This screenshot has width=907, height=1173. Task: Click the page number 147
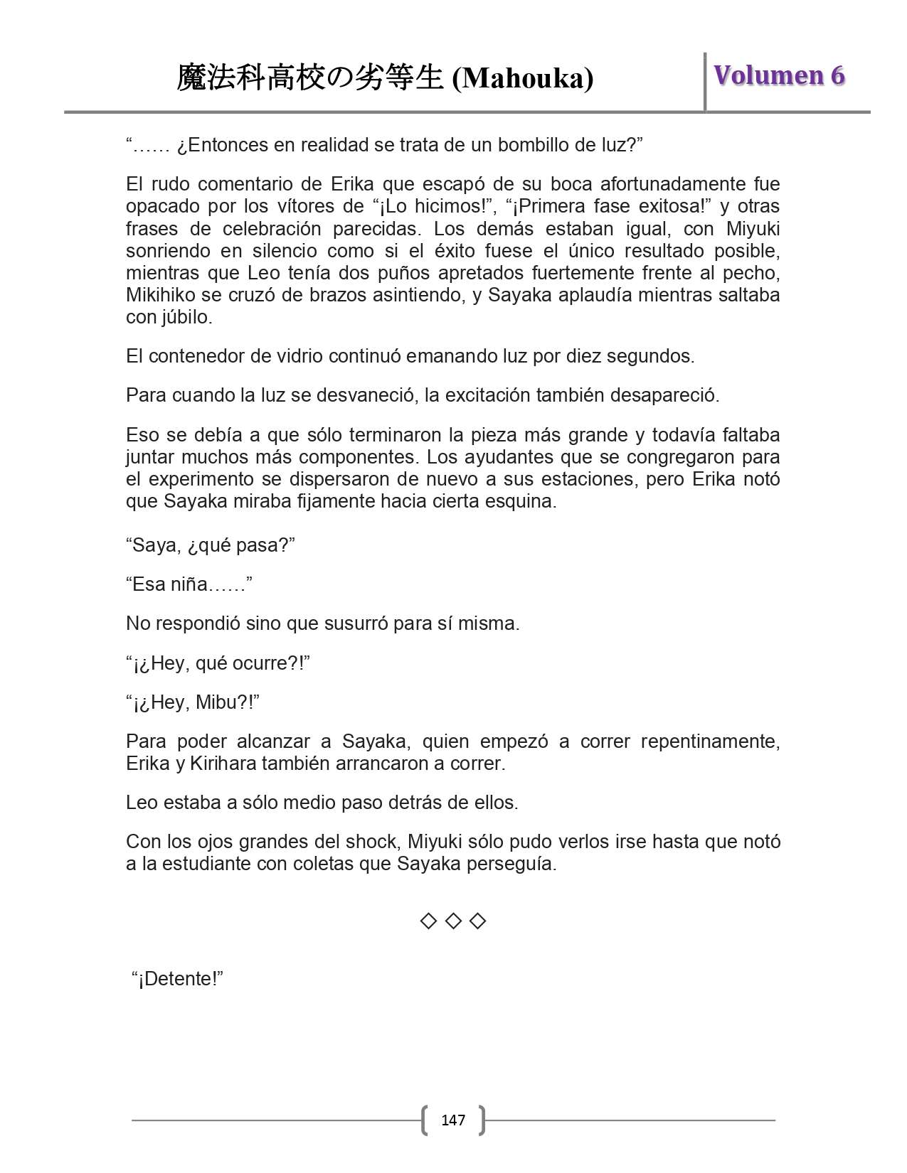453,1120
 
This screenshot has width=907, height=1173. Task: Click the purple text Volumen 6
779,75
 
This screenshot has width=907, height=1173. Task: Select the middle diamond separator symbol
453,921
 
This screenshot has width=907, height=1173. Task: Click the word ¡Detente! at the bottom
178,979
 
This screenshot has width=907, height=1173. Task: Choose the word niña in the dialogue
189,584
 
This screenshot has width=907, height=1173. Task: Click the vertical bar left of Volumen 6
705,82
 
